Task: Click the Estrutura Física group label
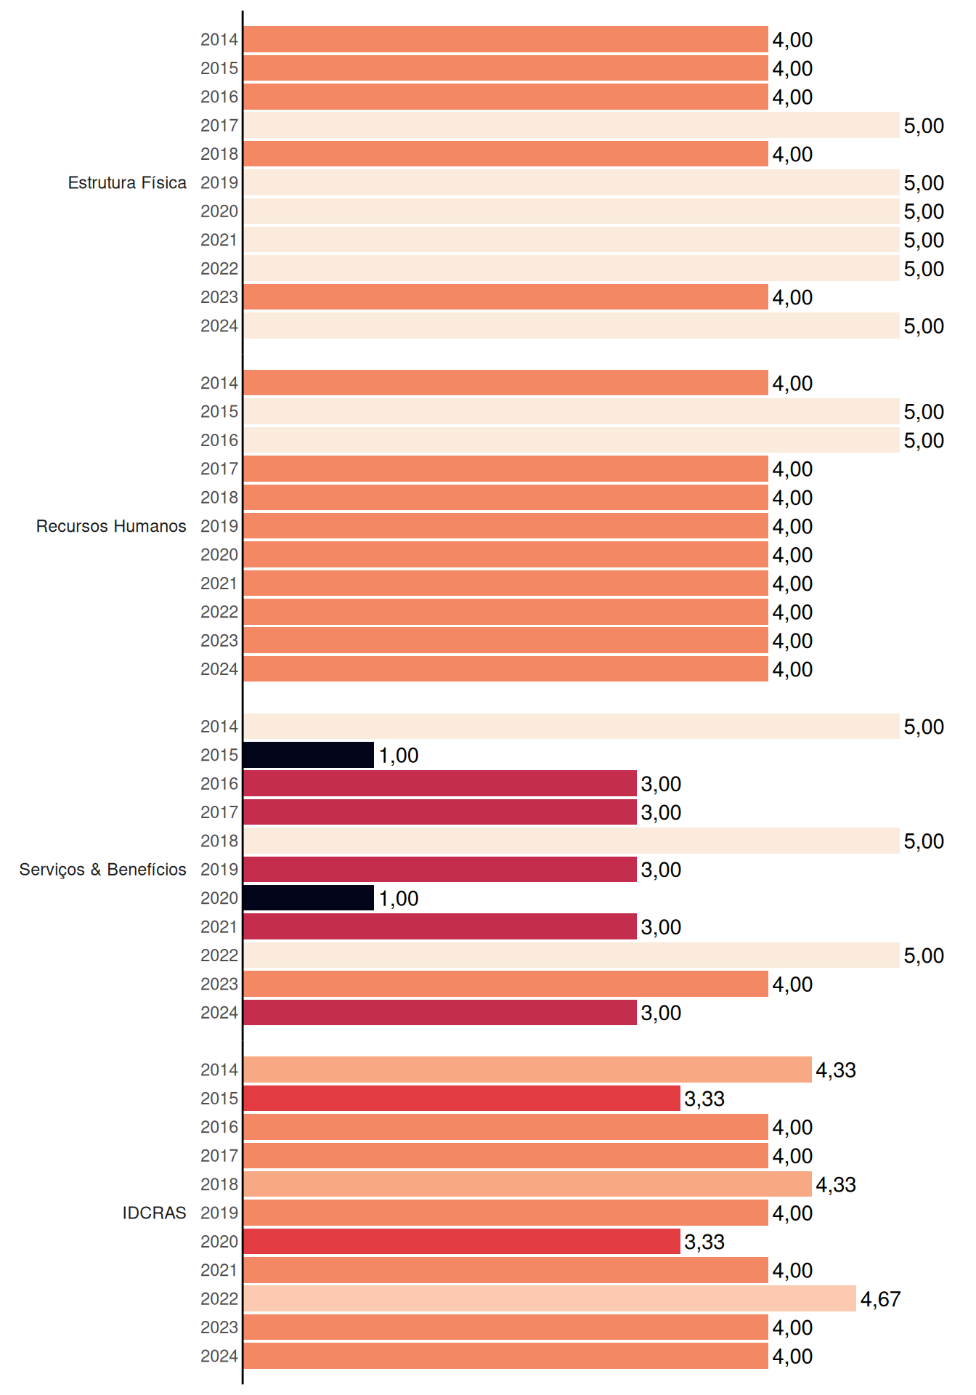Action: click(127, 182)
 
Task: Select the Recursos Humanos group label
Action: click(111, 526)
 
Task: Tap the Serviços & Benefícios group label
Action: click(102, 870)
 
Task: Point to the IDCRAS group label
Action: click(154, 1213)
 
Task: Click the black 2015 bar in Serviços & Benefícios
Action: click(309, 755)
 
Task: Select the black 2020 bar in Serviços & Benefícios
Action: click(309, 898)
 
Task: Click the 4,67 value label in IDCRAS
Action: click(880, 1299)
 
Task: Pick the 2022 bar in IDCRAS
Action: click(550, 1298)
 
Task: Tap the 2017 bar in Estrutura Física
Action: click(572, 125)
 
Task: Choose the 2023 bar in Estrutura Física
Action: click(505, 296)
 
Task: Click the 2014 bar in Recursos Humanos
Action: click(505, 383)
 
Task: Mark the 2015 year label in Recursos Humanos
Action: click(219, 411)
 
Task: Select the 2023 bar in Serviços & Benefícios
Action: click(505, 984)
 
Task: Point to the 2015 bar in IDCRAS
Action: click(462, 1098)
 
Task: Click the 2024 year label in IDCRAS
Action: click(219, 1356)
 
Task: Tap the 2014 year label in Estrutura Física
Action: click(219, 39)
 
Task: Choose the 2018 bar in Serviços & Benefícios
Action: click(572, 841)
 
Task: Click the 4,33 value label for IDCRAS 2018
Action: click(836, 1185)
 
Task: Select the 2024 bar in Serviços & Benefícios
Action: click(440, 1012)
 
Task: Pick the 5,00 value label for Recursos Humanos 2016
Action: click(924, 441)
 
